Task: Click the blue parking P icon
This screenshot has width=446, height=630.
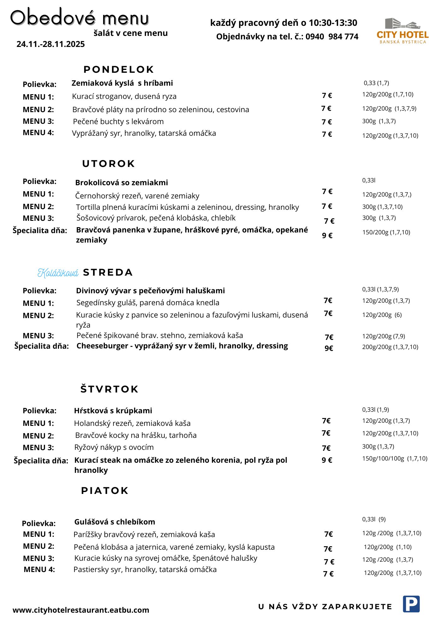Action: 411,604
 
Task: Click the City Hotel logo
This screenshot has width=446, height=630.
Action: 402,31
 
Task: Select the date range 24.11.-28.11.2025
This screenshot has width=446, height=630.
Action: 50,44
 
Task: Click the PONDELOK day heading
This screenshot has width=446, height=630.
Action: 119,69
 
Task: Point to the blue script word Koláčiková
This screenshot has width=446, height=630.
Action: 58,273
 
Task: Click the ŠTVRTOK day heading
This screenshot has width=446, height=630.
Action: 109,389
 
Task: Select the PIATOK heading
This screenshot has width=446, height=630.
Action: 104,490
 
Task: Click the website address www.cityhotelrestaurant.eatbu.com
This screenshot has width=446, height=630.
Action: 81,610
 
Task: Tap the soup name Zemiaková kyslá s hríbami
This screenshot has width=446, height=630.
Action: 122,83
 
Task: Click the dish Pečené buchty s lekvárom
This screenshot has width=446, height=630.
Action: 118,122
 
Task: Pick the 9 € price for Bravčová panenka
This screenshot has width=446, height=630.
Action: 327,236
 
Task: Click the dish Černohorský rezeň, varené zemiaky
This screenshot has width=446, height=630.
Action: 137,196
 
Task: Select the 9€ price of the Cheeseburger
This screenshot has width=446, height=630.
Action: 329,348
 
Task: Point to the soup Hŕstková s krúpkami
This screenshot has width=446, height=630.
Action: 113,411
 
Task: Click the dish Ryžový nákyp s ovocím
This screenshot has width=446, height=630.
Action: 114,447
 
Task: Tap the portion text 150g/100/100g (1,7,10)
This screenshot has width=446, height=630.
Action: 395,459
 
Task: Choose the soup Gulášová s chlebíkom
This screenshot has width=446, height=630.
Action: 114,522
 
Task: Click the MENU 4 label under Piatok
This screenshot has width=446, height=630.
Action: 39,570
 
